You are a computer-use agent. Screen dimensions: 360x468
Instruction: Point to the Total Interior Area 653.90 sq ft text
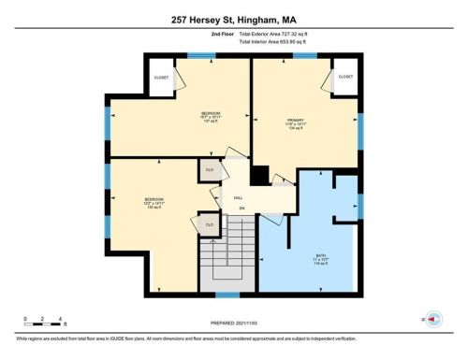click(x=285, y=41)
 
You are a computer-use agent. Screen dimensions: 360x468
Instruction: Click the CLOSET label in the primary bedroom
click(x=345, y=77)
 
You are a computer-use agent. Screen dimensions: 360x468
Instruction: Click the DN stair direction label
click(x=241, y=208)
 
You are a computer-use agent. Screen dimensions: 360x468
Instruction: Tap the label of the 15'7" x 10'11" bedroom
click(x=205, y=117)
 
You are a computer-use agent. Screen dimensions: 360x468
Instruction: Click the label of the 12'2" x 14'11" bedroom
click(x=154, y=201)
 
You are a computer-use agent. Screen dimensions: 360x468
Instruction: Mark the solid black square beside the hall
click(x=260, y=175)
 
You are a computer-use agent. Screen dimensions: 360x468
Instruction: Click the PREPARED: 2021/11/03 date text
click(x=234, y=324)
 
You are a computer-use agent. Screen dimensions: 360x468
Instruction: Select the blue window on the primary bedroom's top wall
click(x=304, y=55)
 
